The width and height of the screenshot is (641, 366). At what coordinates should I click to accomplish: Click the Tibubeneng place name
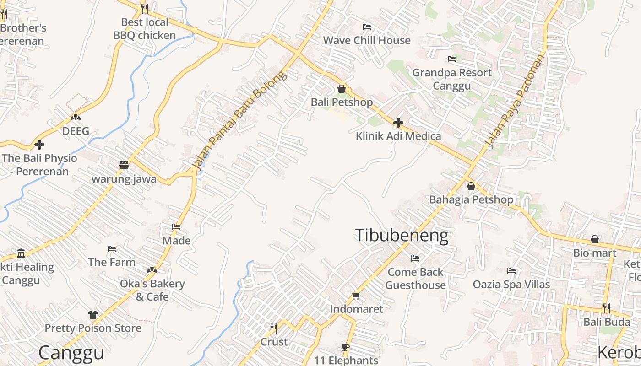click(402, 235)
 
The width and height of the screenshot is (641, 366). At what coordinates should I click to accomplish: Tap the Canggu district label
click(71, 353)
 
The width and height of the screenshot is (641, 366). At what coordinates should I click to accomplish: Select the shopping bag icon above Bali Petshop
click(342, 89)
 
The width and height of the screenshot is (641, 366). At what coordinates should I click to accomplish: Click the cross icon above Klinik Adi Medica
click(398, 123)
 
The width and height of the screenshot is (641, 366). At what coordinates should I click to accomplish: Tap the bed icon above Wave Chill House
click(366, 27)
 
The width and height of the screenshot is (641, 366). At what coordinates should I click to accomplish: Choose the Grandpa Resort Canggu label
click(452, 79)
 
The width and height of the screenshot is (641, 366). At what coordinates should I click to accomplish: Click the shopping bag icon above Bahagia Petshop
click(471, 187)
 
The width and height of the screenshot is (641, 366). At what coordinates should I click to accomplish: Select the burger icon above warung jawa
click(124, 165)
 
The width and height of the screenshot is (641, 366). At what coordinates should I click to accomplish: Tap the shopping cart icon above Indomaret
click(356, 296)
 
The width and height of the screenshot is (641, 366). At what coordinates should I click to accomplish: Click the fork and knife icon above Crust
click(274, 328)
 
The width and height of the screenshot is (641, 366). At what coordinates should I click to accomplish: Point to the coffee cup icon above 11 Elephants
click(346, 347)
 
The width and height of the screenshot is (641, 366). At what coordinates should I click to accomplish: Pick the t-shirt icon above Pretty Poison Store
click(93, 315)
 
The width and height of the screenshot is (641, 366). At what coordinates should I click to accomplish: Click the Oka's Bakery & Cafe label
click(152, 290)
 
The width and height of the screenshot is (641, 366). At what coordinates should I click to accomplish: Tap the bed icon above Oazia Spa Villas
click(511, 271)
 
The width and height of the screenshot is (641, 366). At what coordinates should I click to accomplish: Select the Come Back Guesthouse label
click(415, 279)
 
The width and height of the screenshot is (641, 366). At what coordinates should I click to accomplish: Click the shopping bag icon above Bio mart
click(594, 239)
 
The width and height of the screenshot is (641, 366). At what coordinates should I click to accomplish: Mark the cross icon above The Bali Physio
click(39, 145)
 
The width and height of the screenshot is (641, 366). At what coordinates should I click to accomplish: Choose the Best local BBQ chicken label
click(145, 28)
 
